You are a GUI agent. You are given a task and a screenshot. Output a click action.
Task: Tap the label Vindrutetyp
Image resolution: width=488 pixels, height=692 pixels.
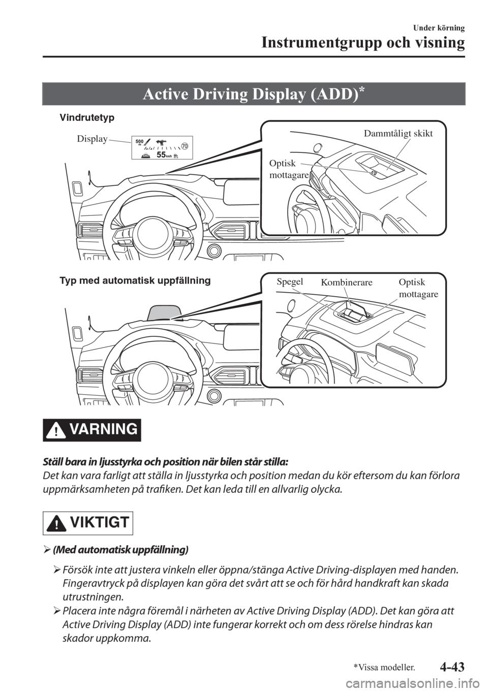tap(87, 118)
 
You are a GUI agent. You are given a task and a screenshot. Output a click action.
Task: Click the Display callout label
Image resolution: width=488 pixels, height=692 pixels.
tap(92, 139)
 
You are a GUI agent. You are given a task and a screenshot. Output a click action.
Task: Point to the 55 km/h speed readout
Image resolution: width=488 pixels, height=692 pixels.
tap(164, 154)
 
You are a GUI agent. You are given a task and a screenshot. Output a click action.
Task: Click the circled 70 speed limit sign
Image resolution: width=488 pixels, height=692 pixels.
tap(185, 146)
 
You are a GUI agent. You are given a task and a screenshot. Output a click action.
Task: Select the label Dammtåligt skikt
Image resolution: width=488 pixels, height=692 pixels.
tap(398, 134)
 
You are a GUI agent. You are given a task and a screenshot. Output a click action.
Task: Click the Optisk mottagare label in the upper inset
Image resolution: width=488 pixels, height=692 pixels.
tap(289, 169)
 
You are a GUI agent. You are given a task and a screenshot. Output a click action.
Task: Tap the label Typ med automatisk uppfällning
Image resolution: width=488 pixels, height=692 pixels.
tap(135, 280)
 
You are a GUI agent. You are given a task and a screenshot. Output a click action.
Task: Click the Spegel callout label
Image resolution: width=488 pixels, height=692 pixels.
tap(290, 282)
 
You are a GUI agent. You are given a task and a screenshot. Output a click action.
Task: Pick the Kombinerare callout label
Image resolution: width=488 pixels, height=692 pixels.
tap(347, 282)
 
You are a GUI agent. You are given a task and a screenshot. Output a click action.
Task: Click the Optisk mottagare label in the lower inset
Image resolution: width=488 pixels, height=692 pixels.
tap(418, 288)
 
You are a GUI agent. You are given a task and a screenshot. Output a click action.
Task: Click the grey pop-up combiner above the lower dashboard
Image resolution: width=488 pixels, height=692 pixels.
tap(164, 312)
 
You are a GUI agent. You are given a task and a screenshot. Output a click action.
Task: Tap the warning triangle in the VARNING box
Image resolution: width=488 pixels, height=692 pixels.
tap(55, 431)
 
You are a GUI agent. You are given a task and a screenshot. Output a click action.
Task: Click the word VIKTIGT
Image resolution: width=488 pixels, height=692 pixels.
tap(99, 522)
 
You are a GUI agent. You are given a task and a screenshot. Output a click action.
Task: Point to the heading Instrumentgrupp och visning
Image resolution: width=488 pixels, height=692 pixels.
tap(363, 43)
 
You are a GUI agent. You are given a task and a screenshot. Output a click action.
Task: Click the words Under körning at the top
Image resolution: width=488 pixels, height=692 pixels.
tap(439, 28)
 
